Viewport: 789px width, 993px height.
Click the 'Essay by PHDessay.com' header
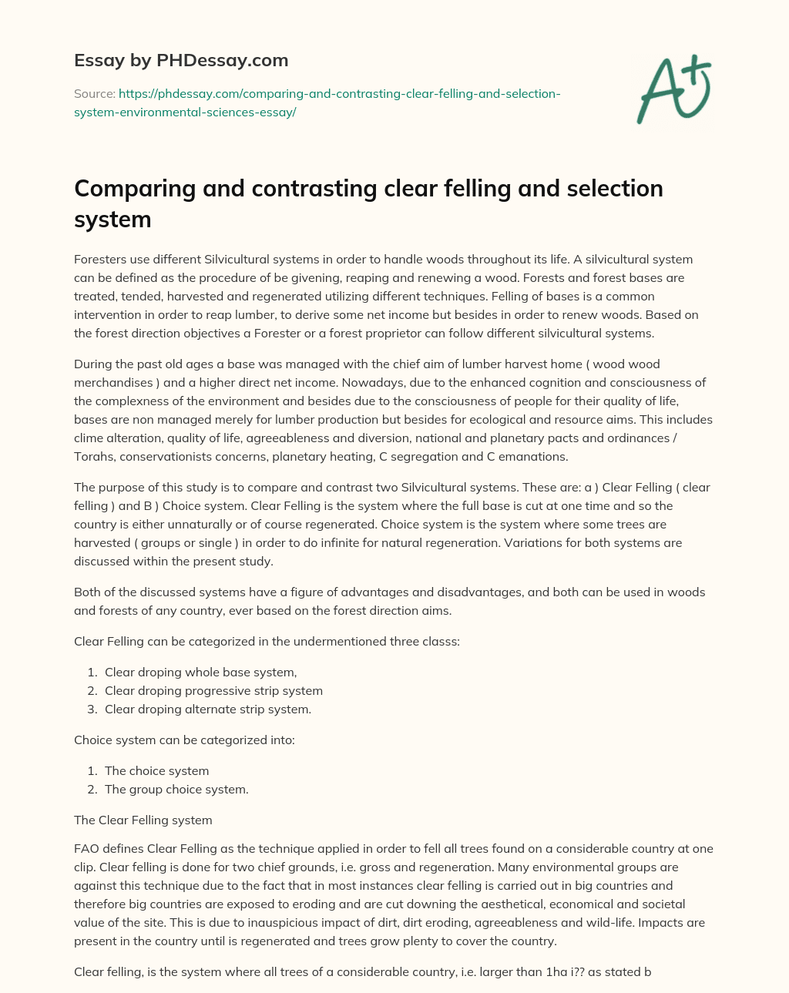pyautogui.click(x=181, y=60)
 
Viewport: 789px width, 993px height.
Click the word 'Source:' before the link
pyautogui.click(x=94, y=94)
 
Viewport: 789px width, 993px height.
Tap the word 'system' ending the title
pyautogui.click(x=112, y=220)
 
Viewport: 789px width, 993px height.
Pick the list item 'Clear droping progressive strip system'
pyautogui.click(x=213, y=690)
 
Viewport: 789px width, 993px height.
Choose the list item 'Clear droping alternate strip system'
pyautogui.click(x=208, y=709)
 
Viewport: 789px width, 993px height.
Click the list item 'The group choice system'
pyautogui.click(x=176, y=789)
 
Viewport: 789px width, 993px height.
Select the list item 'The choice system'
pyautogui.click(x=156, y=770)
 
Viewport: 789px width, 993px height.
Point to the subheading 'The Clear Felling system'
pyautogui.click(x=143, y=820)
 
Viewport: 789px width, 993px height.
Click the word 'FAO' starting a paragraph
pyautogui.click(x=86, y=848)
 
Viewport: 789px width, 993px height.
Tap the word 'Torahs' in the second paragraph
pyautogui.click(x=93, y=456)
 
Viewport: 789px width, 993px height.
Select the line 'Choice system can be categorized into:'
pyautogui.click(x=184, y=740)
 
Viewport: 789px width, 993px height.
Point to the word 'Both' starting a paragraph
pyautogui.click(x=87, y=592)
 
